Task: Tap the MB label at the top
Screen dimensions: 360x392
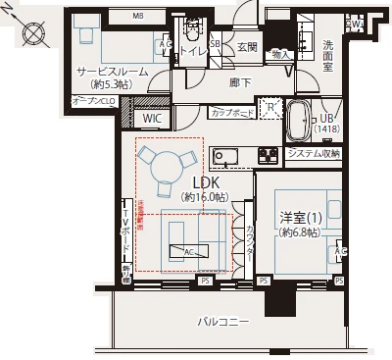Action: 138,17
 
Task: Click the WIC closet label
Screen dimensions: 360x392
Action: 152,119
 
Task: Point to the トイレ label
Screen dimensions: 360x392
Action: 193,51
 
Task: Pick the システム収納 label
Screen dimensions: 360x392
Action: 315,154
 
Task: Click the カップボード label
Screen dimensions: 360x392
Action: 233,114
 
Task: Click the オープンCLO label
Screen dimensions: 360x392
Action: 94,102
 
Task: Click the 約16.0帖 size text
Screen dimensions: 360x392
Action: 207,197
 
